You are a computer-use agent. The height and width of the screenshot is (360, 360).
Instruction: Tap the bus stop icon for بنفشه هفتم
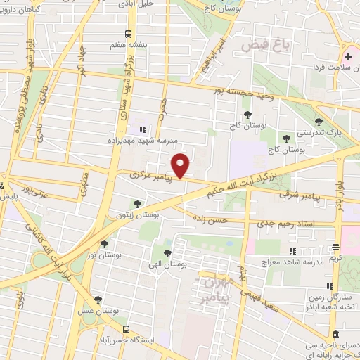tap(127, 33)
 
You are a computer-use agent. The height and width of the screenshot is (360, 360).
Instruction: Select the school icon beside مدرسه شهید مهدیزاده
tap(143, 129)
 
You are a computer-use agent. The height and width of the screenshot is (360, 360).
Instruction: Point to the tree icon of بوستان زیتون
tap(137, 204)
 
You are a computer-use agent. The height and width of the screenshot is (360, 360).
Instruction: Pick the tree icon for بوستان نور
tap(104, 244)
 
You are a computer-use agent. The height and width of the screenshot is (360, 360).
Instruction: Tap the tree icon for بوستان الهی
tap(167, 253)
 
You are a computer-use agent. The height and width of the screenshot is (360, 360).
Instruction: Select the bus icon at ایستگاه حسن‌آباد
tap(126, 328)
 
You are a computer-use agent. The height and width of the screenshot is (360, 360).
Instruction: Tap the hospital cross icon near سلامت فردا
tap(348, 56)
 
